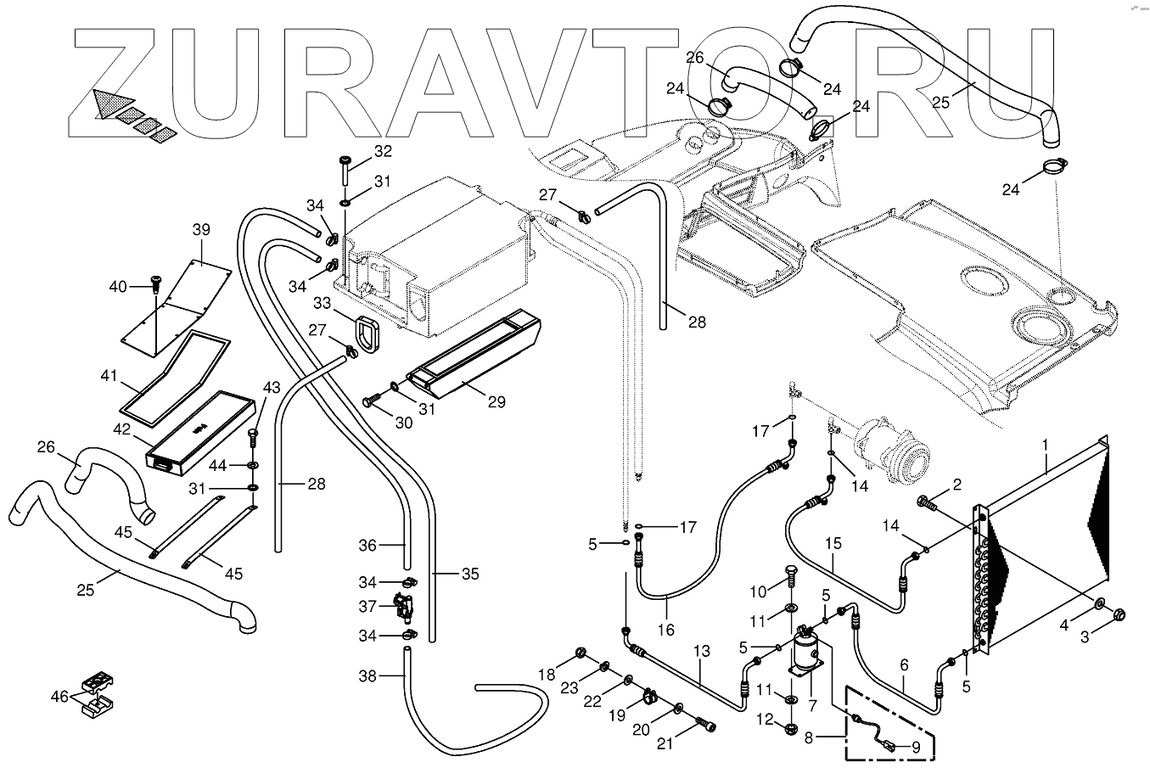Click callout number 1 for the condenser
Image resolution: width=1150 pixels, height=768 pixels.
1046,444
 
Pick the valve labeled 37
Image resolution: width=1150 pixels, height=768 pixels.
402,607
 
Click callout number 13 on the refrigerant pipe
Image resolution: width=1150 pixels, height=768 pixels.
701,651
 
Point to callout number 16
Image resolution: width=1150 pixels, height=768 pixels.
665,629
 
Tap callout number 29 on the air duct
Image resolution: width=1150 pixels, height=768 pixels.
496,401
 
